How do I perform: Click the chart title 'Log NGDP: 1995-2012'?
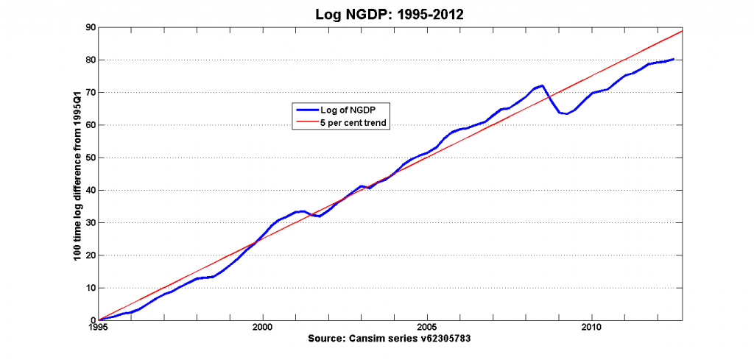tap(390, 13)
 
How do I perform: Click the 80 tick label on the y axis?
tap(90, 60)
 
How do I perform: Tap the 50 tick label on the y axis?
tap(90, 158)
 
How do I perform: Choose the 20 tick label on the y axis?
tap(90, 255)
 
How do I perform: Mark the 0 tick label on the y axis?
tap(92, 320)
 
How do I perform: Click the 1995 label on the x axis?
tap(99, 328)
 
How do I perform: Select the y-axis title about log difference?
tap(76, 174)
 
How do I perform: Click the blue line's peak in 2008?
tap(543, 85)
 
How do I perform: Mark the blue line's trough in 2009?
tap(566, 113)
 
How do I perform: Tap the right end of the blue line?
tap(674, 59)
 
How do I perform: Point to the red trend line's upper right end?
tap(683, 31)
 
